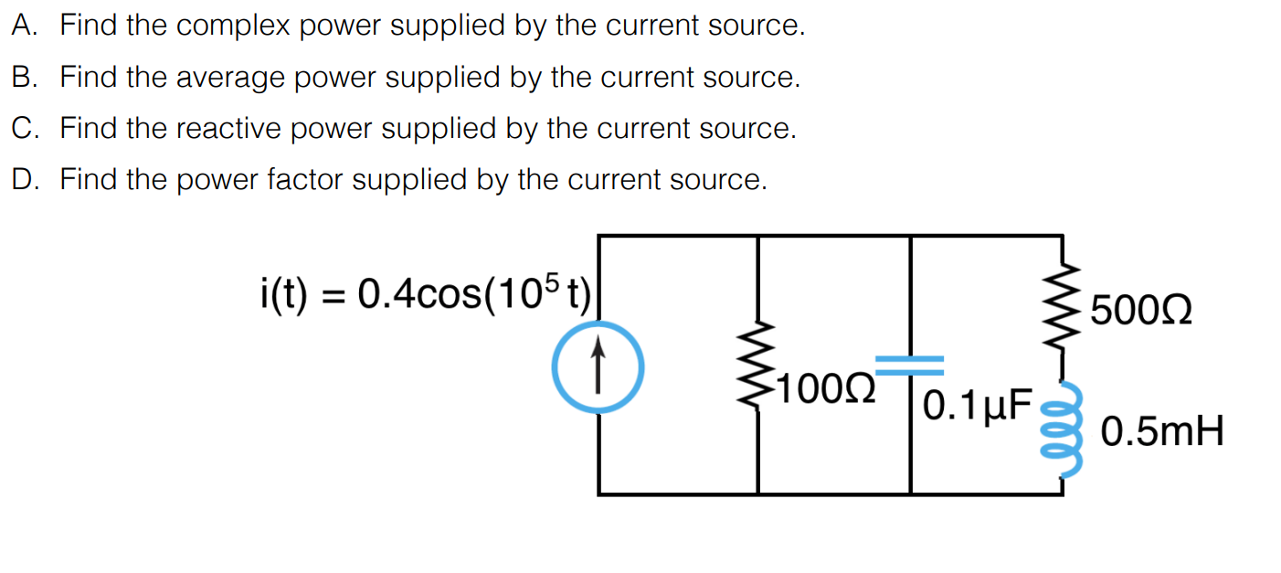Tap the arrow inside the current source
coord(598,364)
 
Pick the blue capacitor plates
coord(910,366)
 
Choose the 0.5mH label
coord(1161,430)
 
